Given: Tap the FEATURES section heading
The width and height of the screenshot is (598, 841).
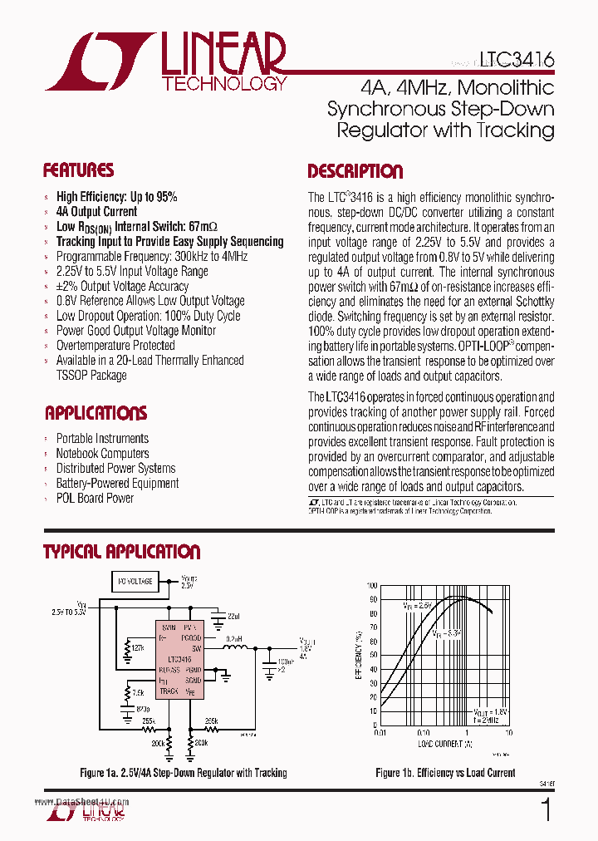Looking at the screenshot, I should [78, 171].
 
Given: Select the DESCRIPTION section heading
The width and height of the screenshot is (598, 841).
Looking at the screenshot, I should [355, 172].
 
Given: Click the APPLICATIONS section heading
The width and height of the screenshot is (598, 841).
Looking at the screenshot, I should [96, 413].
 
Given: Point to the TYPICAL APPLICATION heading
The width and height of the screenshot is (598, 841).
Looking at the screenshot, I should [121, 552].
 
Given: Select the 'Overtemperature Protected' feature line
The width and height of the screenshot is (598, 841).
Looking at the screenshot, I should [115, 346].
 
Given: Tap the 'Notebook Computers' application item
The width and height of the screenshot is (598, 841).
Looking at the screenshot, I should [102, 454].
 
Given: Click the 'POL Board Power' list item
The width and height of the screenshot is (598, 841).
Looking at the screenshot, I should [95, 499].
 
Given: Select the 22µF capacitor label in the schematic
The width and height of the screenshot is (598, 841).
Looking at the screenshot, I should [233, 616].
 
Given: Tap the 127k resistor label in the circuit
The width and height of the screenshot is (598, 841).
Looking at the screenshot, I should [138, 647].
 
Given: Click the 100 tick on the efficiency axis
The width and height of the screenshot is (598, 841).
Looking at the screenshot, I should [371, 586].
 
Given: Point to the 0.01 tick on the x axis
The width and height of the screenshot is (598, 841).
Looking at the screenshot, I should [380, 732].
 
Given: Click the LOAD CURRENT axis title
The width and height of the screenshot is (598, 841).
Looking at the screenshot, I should [444, 742].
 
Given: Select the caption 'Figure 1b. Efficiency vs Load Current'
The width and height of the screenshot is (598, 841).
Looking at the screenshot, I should [445, 773].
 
